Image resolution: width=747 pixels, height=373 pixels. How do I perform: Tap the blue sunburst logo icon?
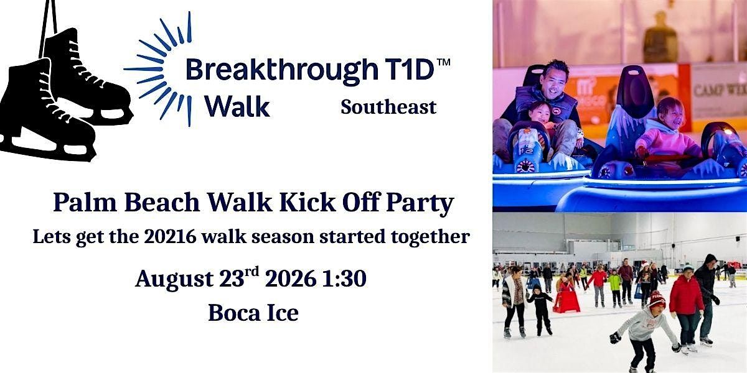(158, 69)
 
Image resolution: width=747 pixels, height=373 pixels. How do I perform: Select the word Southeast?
(388, 107)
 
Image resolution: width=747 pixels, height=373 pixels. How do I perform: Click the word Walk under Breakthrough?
(237, 106)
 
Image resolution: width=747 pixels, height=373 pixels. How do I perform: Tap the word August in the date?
(174, 279)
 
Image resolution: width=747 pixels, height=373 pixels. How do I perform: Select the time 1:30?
(344, 279)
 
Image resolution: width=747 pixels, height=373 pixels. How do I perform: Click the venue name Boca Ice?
(253, 313)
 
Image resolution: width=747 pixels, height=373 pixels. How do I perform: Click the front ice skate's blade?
(47, 148)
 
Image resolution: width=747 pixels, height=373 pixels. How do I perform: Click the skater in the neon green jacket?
(615, 288)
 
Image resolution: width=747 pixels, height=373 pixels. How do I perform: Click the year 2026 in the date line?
(290, 279)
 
